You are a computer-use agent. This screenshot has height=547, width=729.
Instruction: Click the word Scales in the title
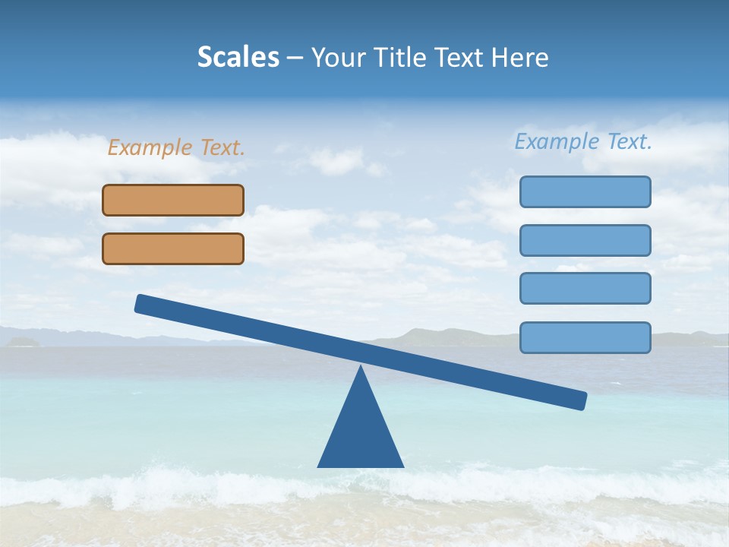pyautogui.click(x=238, y=57)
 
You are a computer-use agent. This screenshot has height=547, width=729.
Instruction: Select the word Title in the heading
pyautogui.click(x=405, y=57)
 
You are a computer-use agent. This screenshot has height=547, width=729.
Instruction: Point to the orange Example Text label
pyautogui.click(x=176, y=147)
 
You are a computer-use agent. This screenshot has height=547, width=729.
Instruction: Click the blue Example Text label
pyautogui.click(x=583, y=141)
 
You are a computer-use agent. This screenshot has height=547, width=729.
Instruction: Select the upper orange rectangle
pyautogui.click(x=173, y=200)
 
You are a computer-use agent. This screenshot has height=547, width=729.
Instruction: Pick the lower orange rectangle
pyautogui.click(x=173, y=248)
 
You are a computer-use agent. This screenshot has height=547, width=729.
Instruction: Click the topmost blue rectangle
pyautogui.click(x=585, y=191)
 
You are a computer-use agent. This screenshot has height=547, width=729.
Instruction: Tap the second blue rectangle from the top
pyautogui.click(x=585, y=240)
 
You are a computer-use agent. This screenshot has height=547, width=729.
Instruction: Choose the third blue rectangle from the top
pyautogui.click(x=585, y=288)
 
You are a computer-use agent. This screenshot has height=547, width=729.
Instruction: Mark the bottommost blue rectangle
pyautogui.click(x=585, y=337)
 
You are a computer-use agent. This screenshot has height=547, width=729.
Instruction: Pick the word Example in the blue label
pyautogui.click(x=557, y=141)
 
